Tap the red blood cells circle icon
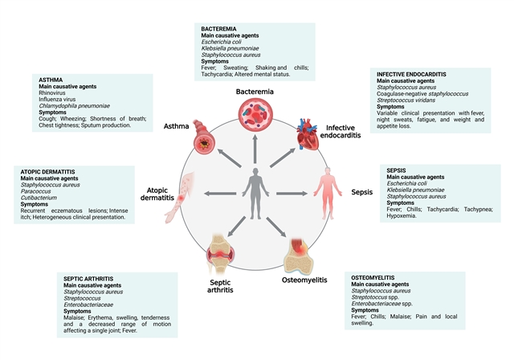(x=255, y=129)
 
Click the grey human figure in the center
(x=255, y=194)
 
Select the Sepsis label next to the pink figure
(x=362, y=193)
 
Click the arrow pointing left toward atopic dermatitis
(x=218, y=194)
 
